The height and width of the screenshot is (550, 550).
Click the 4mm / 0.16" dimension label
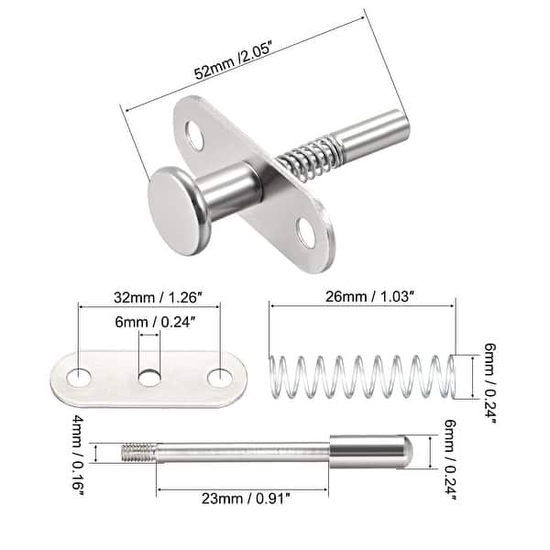pos(87,453)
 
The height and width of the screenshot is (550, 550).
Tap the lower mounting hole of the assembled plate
pos(305,236)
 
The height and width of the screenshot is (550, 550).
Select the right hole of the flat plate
pos(218,377)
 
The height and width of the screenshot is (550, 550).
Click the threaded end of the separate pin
pos(137,452)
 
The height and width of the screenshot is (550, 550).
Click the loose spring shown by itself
pos(362,378)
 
